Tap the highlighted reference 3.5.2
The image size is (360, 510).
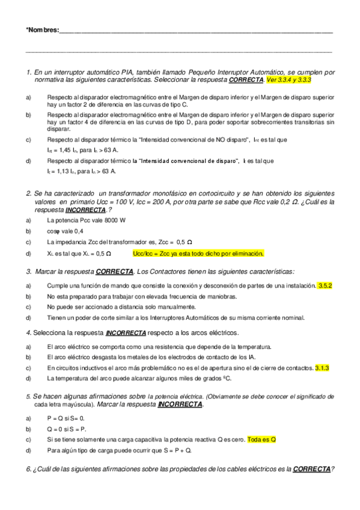325,285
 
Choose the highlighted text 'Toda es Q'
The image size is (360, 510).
261,439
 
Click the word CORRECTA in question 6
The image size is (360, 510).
311,469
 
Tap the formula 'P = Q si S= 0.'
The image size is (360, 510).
66,417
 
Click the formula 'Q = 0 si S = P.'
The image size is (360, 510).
67,428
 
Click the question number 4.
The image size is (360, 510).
28,333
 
